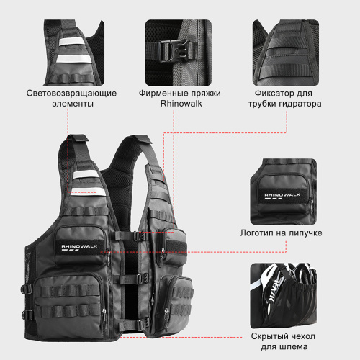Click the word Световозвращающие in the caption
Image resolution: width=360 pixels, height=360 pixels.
point(71,93)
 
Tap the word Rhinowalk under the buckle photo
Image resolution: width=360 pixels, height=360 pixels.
point(181,104)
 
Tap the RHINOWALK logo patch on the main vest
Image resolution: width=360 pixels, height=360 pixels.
point(79,247)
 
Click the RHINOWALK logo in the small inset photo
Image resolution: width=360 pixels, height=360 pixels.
point(282,195)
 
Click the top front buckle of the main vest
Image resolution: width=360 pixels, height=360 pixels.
point(140,236)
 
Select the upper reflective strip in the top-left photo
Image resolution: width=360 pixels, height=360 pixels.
point(71,42)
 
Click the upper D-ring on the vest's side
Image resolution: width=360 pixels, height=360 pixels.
point(26,289)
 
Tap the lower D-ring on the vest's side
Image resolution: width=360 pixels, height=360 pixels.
point(27,315)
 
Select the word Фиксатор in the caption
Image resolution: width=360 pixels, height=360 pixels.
point(272,93)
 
